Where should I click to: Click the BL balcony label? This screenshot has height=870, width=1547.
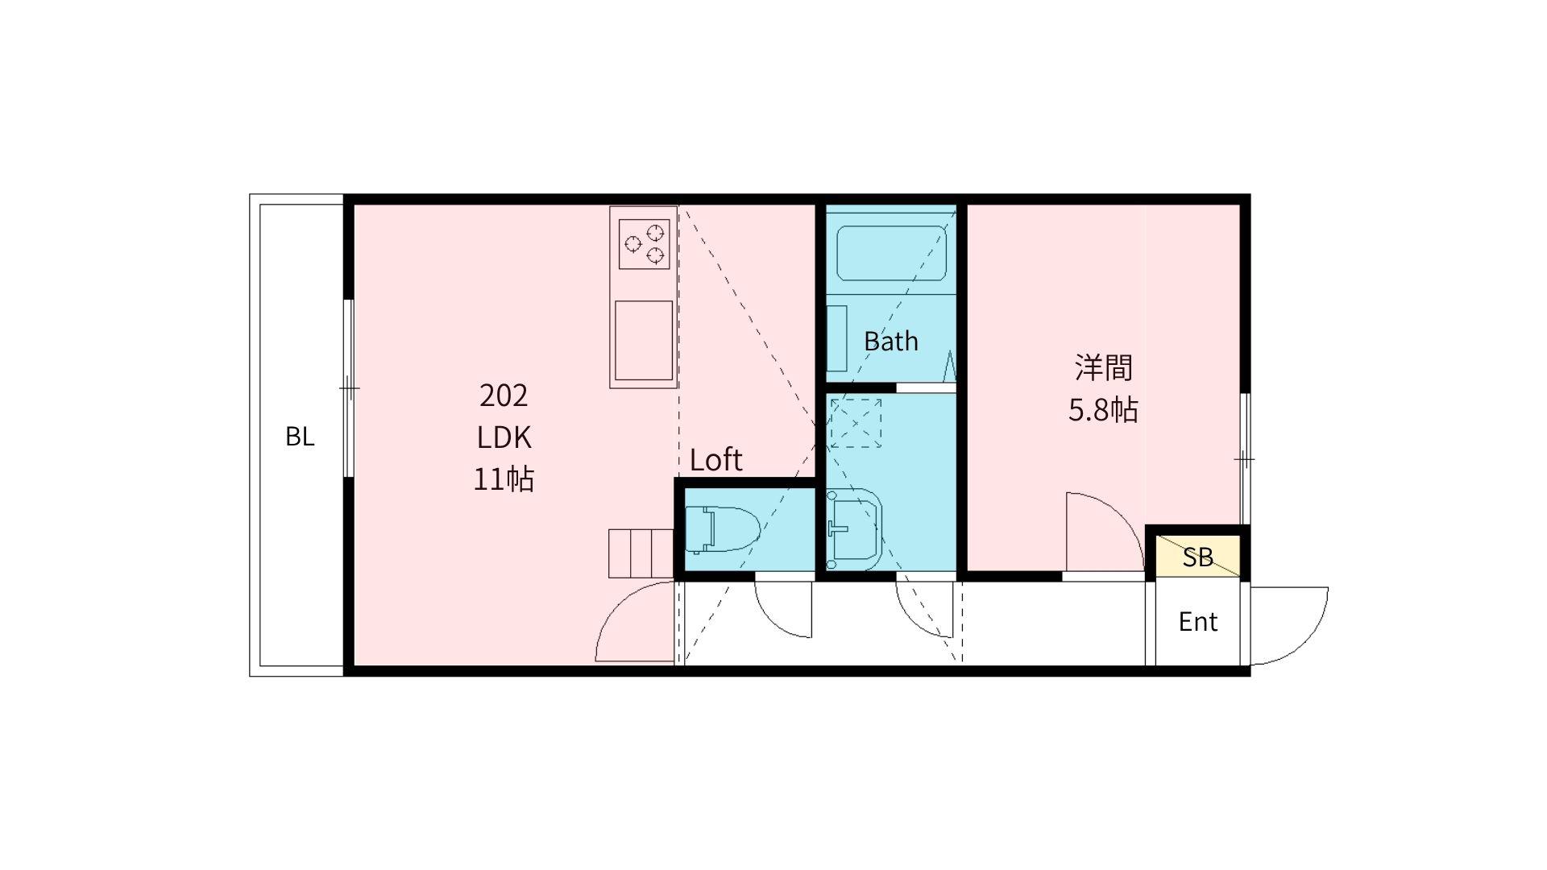click(x=300, y=437)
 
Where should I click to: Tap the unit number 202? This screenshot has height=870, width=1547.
click(x=504, y=396)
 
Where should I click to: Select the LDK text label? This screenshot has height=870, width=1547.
click(x=504, y=437)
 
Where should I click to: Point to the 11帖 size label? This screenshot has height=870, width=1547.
click(x=504, y=479)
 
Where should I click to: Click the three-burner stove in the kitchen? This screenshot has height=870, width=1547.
click(x=645, y=244)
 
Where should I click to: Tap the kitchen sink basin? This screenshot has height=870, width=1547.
click(x=644, y=340)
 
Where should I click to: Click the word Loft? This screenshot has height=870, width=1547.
click(x=716, y=460)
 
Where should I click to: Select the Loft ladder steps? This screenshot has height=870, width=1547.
click(x=641, y=553)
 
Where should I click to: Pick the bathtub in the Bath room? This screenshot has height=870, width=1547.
click(x=891, y=253)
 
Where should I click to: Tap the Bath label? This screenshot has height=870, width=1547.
click(x=891, y=342)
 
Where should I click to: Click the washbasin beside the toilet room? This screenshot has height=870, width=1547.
click(x=855, y=529)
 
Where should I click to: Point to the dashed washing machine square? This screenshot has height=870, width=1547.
click(x=856, y=423)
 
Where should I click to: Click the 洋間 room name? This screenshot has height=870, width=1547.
click(x=1103, y=367)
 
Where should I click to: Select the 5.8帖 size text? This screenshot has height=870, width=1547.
click(x=1103, y=411)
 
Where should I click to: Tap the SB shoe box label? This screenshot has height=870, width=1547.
click(x=1198, y=557)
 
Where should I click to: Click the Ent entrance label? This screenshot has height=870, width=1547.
click(x=1198, y=622)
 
